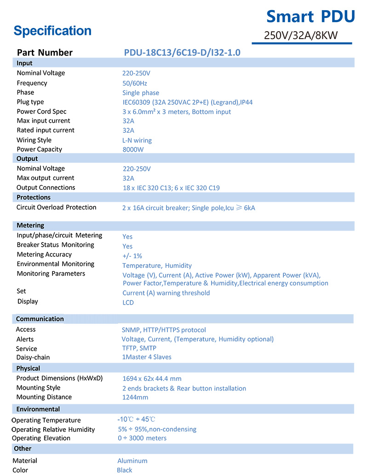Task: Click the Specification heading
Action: click(52, 31)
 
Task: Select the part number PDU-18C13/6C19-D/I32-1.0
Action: click(182, 52)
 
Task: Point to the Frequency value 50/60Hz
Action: click(134, 83)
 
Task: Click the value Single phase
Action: click(140, 93)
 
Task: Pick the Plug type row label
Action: click(30, 102)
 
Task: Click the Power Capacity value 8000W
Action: click(133, 150)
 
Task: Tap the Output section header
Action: click(27, 159)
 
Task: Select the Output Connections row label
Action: click(46, 187)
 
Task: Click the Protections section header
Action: click(34, 197)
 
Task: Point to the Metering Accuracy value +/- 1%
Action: click(132, 256)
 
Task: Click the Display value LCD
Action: click(128, 302)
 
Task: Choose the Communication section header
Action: click(40, 319)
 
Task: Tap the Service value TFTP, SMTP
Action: click(139, 348)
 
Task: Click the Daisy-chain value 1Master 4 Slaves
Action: click(146, 357)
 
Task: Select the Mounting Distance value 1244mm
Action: click(135, 397)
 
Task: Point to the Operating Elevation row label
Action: click(41, 438)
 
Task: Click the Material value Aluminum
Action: click(132, 461)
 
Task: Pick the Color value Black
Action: click(124, 470)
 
